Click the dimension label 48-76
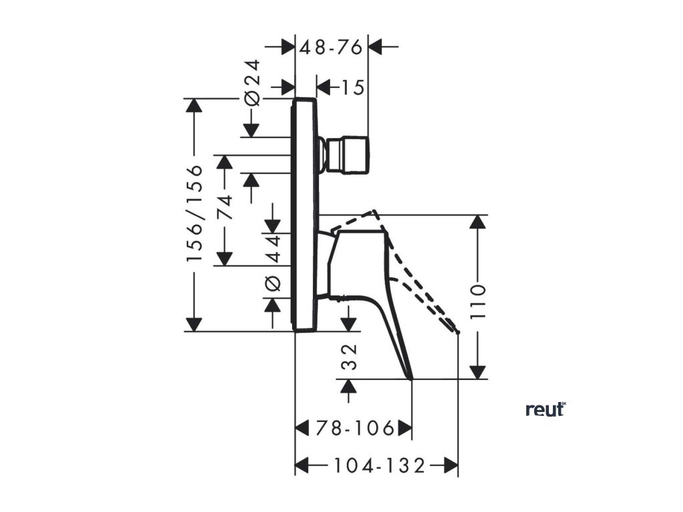tap(331, 47)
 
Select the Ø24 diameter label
tap(252, 83)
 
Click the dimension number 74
tap(225, 208)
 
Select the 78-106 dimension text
tap(354, 428)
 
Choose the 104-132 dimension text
tap(378, 465)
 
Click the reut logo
tap(545, 409)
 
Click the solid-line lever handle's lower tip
tap(411, 378)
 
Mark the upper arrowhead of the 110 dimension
tap(478, 223)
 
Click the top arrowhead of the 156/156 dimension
tap(194, 107)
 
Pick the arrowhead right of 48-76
tap(376, 47)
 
